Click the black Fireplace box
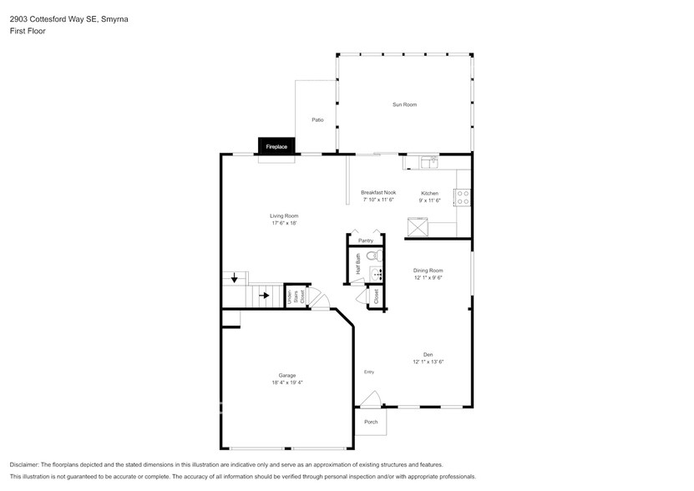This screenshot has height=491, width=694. (x=276, y=147)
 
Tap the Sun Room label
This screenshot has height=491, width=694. (x=404, y=104)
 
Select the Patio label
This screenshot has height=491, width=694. (x=317, y=120)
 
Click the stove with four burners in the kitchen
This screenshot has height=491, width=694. (x=462, y=198)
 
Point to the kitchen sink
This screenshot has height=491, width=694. (x=428, y=160)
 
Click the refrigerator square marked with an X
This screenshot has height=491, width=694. (x=416, y=225)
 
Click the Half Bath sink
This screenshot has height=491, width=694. (x=376, y=273)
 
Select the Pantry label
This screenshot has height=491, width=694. (x=365, y=240)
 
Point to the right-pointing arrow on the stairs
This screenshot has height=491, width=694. (x=264, y=295)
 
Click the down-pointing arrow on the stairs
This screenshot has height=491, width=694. (x=235, y=278)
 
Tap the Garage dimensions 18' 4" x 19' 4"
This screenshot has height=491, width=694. (x=286, y=383)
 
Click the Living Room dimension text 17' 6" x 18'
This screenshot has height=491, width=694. (x=284, y=224)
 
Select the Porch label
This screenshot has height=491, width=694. (x=371, y=422)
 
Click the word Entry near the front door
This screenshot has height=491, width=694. (x=369, y=372)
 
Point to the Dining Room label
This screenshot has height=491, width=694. (x=428, y=271)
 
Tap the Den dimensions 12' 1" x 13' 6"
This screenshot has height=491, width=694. (x=428, y=362)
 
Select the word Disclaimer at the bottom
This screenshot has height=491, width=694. (x=26, y=464)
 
